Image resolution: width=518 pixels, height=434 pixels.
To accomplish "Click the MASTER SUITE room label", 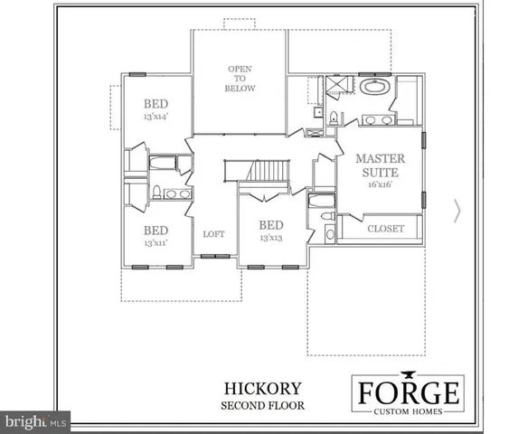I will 380,165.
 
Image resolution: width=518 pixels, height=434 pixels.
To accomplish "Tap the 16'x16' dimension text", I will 380,184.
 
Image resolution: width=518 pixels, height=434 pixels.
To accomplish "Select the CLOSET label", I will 385,229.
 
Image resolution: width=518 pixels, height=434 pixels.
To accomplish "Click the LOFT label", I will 213,234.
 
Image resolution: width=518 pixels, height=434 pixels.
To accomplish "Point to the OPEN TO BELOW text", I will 241,79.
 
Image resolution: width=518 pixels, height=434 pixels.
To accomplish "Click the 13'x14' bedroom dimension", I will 155,117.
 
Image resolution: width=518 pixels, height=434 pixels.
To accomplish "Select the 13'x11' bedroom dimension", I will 155,242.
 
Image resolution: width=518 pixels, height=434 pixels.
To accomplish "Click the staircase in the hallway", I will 269,171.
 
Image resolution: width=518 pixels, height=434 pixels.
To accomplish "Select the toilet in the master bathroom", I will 334,117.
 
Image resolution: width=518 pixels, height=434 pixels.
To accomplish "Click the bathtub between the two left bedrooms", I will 163,164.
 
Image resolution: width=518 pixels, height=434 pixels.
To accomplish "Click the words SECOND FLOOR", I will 263,405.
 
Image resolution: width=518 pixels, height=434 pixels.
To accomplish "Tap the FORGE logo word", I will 406,393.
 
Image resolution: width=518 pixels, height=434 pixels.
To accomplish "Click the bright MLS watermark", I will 36,420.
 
